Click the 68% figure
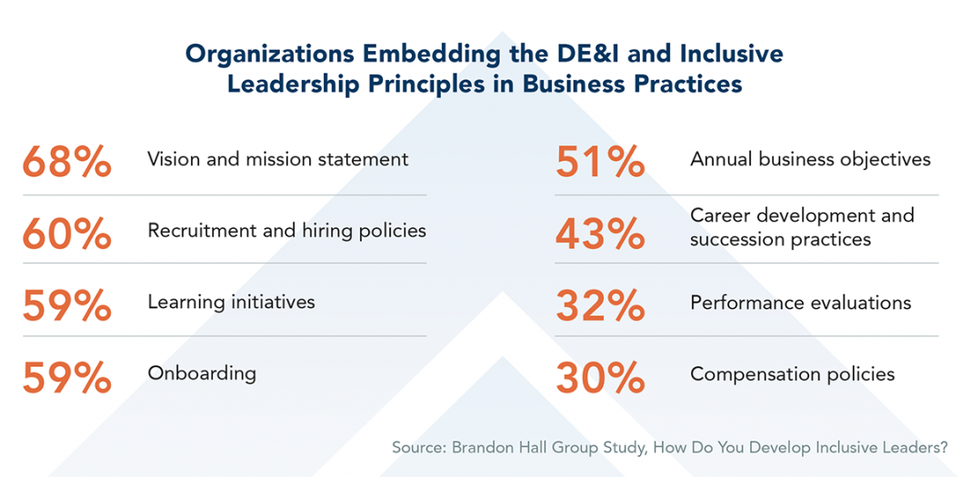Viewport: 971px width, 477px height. coord(66,161)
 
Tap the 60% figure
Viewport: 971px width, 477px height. coord(66,233)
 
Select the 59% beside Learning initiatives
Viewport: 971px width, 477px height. coord(66,304)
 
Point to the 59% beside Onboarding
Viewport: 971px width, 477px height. coord(66,376)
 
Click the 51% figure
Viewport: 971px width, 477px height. coord(600,161)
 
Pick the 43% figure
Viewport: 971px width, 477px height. coord(600,233)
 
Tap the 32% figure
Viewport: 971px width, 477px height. coord(600,304)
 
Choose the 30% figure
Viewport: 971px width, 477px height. coord(600,376)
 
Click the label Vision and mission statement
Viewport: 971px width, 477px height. coord(277,160)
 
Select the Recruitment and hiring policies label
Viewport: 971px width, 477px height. coord(286,231)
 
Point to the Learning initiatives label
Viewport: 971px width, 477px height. coord(231,302)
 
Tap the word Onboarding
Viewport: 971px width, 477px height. coord(202,373)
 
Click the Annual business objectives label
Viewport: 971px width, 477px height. coord(810,160)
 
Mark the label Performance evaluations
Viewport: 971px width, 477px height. coord(800,302)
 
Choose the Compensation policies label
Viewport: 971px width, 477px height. coord(792,374)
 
